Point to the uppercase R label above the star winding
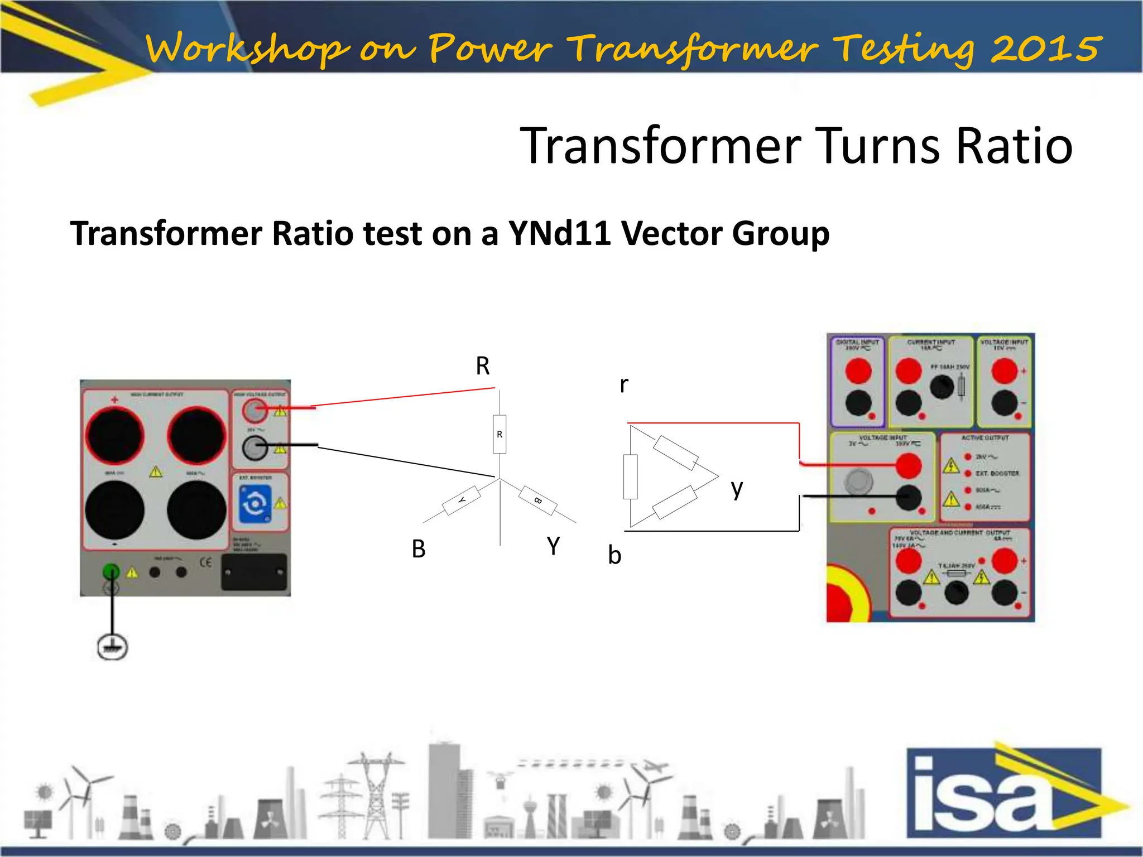click(x=483, y=366)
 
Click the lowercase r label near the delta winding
click(x=624, y=384)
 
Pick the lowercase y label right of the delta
click(x=737, y=489)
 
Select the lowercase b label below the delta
click(x=614, y=556)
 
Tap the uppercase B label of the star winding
click(x=419, y=549)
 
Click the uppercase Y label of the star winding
click(x=553, y=546)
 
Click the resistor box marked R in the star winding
click(x=500, y=434)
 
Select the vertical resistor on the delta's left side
click(x=630, y=476)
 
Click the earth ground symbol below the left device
click(x=112, y=647)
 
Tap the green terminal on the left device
click(x=111, y=571)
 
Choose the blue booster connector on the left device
click(x=255, y=504)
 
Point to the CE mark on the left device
click(x=205, y=562)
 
